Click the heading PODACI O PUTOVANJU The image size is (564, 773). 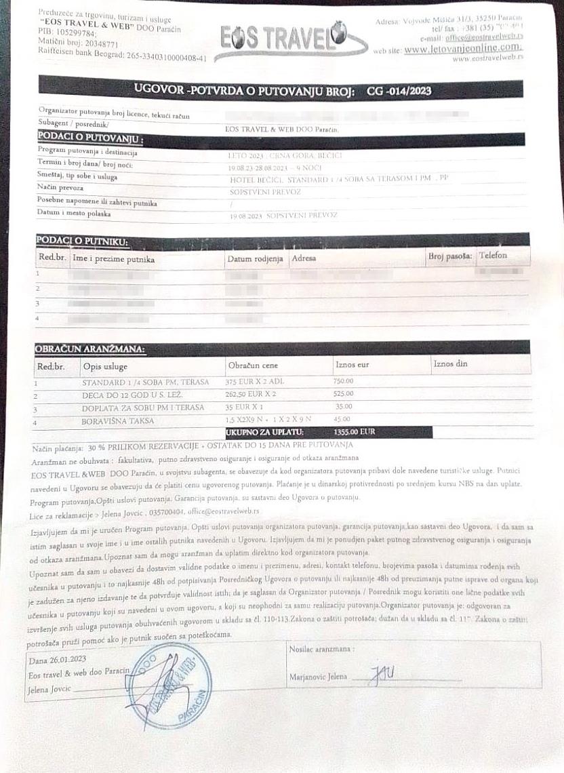pos(89,140)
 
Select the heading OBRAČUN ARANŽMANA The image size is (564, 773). pos(89,349)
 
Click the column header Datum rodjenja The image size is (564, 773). pos(254,259)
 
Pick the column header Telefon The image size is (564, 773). pos(493,256)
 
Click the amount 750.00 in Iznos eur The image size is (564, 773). pos(344,381)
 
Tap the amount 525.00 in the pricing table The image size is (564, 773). pos(344,394)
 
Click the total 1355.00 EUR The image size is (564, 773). pos(355,431)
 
